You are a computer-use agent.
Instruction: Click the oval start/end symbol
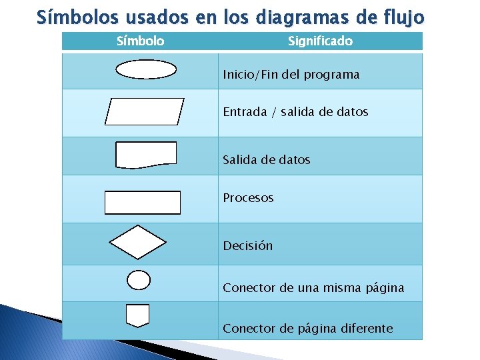click(146, 69)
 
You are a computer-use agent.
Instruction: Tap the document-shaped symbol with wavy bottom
click(146, 155)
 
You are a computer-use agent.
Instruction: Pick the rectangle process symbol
click(143, 203)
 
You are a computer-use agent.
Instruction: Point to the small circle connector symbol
click(139, 280)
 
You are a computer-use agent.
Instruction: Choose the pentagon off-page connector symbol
click(137, 315)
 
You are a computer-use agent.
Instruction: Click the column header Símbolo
click(140, 41)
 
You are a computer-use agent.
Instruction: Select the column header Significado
click(320, 41)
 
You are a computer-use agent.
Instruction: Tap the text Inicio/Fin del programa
click(291, 75)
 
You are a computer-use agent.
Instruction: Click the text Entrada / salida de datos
click(295, 112)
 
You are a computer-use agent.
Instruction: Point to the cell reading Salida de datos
click(267, 160)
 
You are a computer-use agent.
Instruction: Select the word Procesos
click(248, 198)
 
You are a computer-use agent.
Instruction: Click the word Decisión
click(248, 246)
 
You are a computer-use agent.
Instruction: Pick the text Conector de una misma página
click(313, 288)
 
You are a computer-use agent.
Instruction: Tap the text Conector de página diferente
click(308, 328)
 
